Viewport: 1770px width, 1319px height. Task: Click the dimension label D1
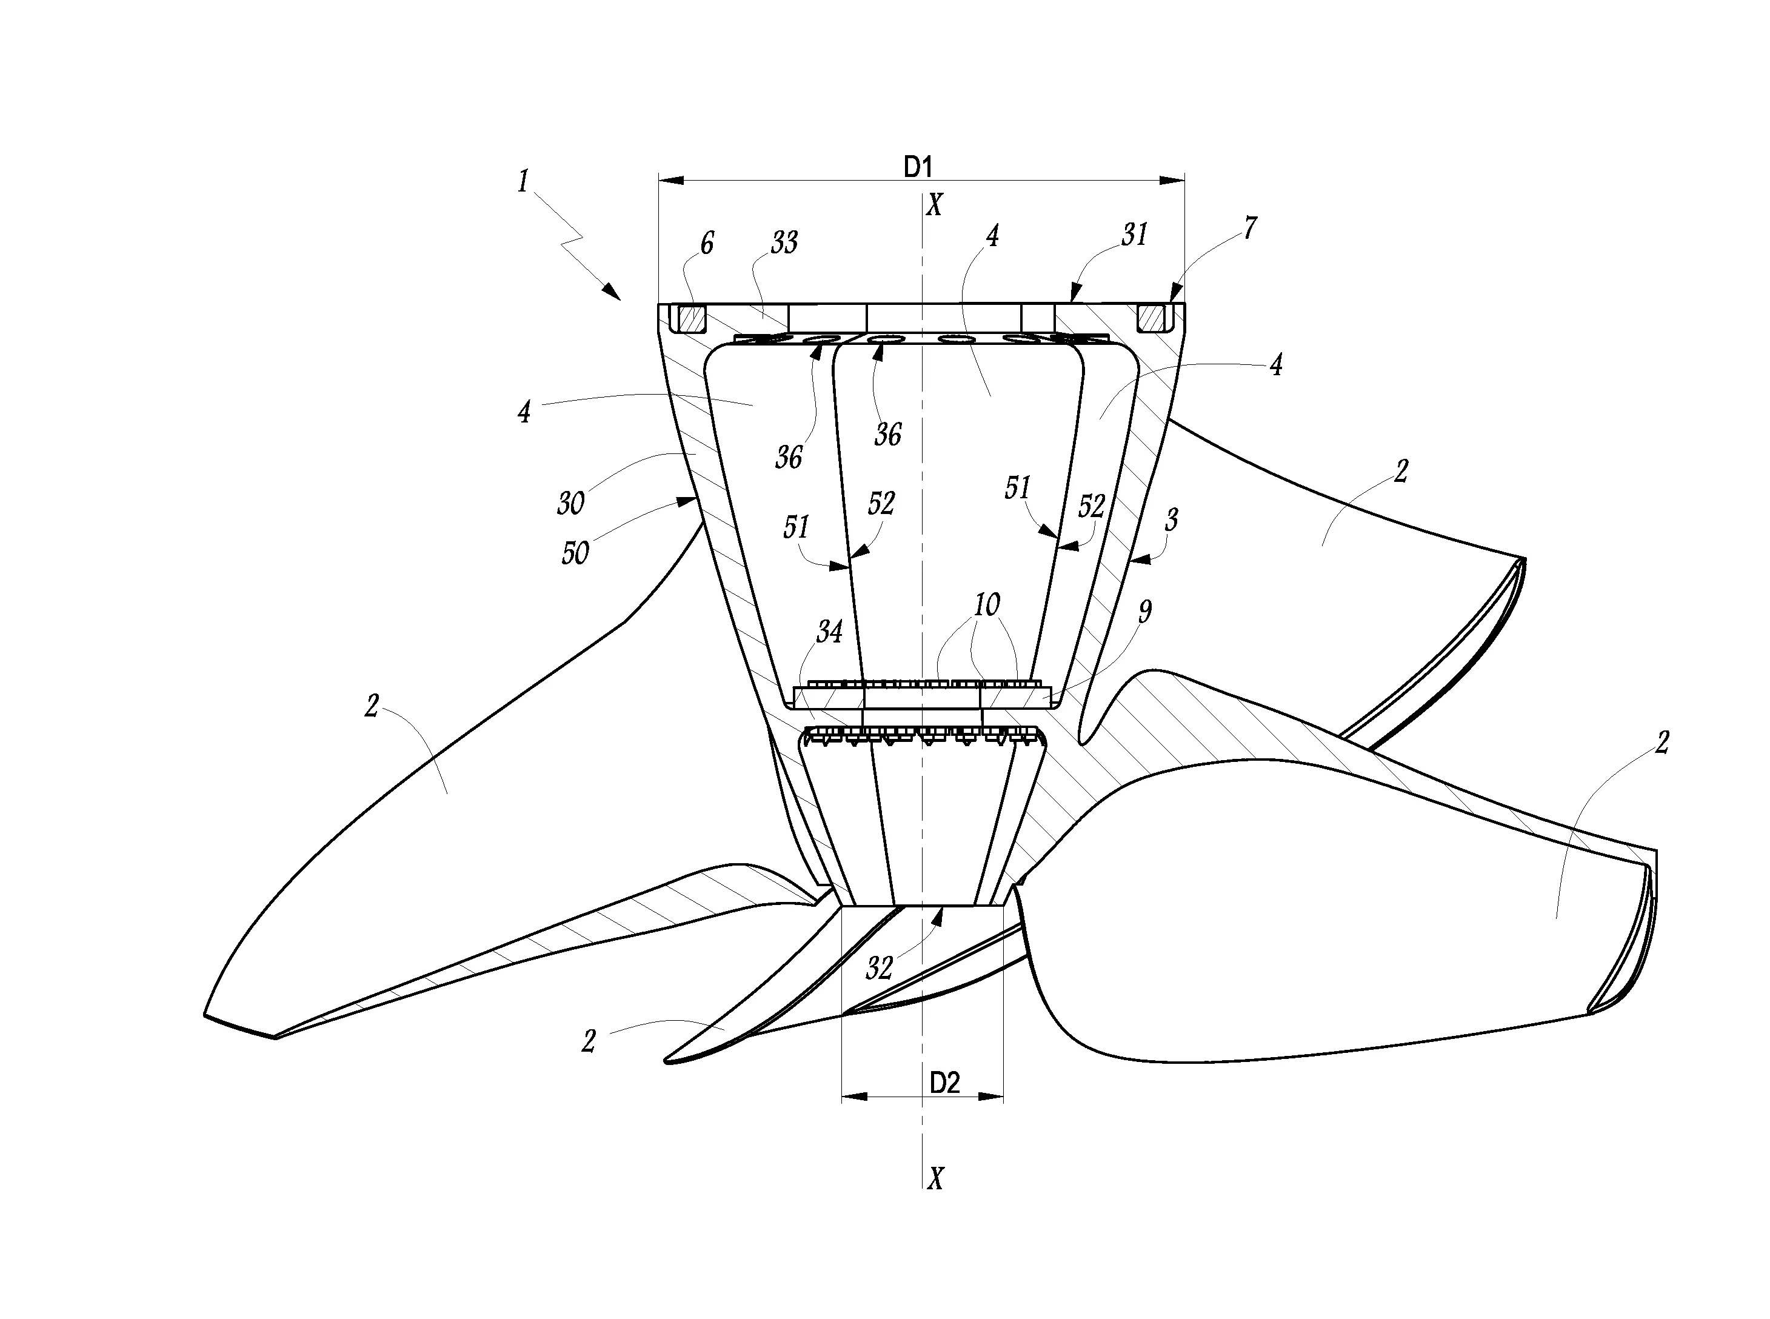[918, 167]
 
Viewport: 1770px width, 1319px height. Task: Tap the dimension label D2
[944, 1083]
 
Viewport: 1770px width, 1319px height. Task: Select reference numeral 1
[523, 181]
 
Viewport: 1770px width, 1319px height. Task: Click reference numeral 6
[707, 242]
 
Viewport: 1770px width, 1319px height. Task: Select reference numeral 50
[575, 552]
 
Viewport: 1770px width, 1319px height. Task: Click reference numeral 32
[879, 967]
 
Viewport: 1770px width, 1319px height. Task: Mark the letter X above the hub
[934, 205]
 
